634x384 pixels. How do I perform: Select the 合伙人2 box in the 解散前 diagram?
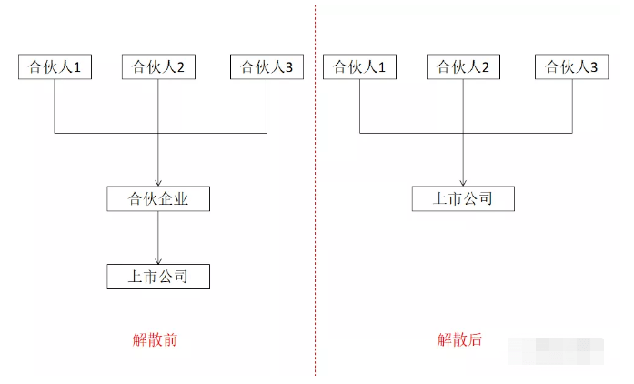(x=159, y=66)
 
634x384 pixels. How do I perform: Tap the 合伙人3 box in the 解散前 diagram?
(x=267, y=66)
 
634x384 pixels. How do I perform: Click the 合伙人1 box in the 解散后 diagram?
(x=360, y=66)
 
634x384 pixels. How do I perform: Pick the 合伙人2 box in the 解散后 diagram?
(x=464, y=66)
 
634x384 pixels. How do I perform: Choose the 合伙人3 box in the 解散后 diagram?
(x=571, y=66)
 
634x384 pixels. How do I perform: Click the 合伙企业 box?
(x=159, y=197)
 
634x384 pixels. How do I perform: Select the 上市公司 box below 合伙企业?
(x=159, y=276)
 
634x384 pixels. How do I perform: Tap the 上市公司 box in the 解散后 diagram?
(x=464, y=197)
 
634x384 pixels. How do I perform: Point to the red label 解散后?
(x=459, y=340)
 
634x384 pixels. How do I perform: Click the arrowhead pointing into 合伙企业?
(x=159, y=182)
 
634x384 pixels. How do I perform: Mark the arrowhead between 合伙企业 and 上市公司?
(x=159, y=260)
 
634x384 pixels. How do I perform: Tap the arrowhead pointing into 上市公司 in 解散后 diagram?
(x=464, y=182)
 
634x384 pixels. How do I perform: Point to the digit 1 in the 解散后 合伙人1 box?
(x=380, y=66)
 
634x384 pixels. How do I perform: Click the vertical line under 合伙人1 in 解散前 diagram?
(x=55, y=106)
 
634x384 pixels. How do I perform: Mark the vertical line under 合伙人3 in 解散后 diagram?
(x=571, y=106)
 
